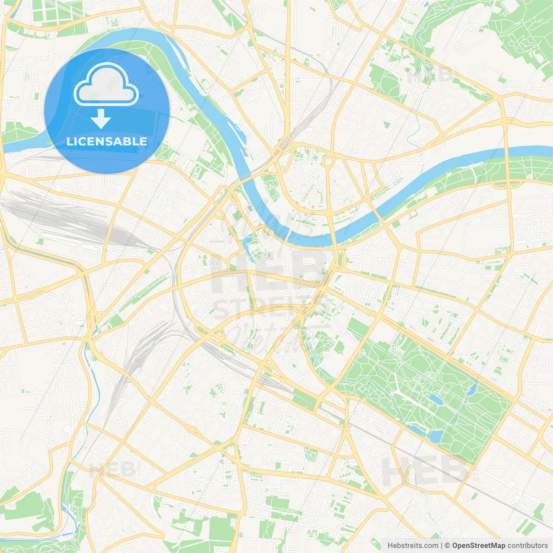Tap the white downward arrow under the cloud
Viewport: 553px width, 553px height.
pyautogui.click(x=101, y=118)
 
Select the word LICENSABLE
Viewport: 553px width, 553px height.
pyautogui.click(x=107, y=141)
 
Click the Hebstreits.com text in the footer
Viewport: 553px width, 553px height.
pyautogui.click(x=413, y=546)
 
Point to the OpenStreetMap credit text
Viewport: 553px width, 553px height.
pyautogui.click(x=479, y=546)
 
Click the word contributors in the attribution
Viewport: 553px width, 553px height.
pyautogui.click(x=528, y=546)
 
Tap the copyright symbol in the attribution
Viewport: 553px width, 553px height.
pyautogui.click(x=447, y=546)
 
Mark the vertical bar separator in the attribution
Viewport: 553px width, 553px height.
pyautogui.click(x=442, y=546)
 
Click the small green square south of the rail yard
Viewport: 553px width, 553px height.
pyautogui.click(x=41, y=241)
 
